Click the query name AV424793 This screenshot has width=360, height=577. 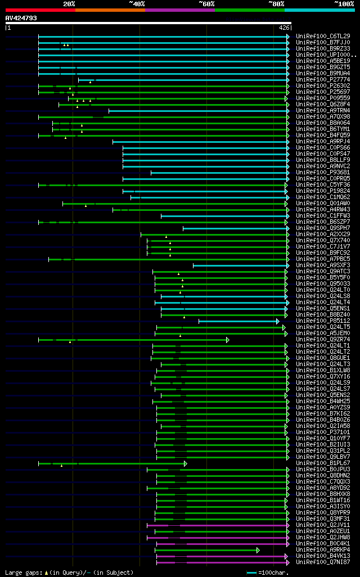point(21,18)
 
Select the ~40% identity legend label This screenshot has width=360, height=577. point(137,3)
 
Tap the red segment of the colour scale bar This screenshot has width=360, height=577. point(40,10)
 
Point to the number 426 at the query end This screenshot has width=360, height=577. point(284,28)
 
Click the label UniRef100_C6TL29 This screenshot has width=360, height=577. point(323,36)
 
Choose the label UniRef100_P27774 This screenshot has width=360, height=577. point(323,80)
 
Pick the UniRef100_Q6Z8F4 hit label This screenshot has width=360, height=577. point(323,105)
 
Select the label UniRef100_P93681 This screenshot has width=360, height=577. point(323,173)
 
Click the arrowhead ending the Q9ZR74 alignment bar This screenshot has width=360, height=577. point(228,340)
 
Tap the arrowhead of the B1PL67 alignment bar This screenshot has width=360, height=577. point(186,463)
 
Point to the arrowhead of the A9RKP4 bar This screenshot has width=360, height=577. point(258,550)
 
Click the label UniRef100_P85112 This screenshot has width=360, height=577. point(323,321)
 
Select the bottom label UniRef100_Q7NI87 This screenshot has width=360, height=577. point(323,562)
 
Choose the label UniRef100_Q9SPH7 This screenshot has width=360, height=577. point(323,228)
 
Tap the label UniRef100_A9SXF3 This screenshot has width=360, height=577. point(323,265)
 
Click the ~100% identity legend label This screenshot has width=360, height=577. point(344,3)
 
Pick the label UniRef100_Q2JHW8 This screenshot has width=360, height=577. point(323,538)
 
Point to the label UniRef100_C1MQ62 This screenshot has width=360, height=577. point(323,197)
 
